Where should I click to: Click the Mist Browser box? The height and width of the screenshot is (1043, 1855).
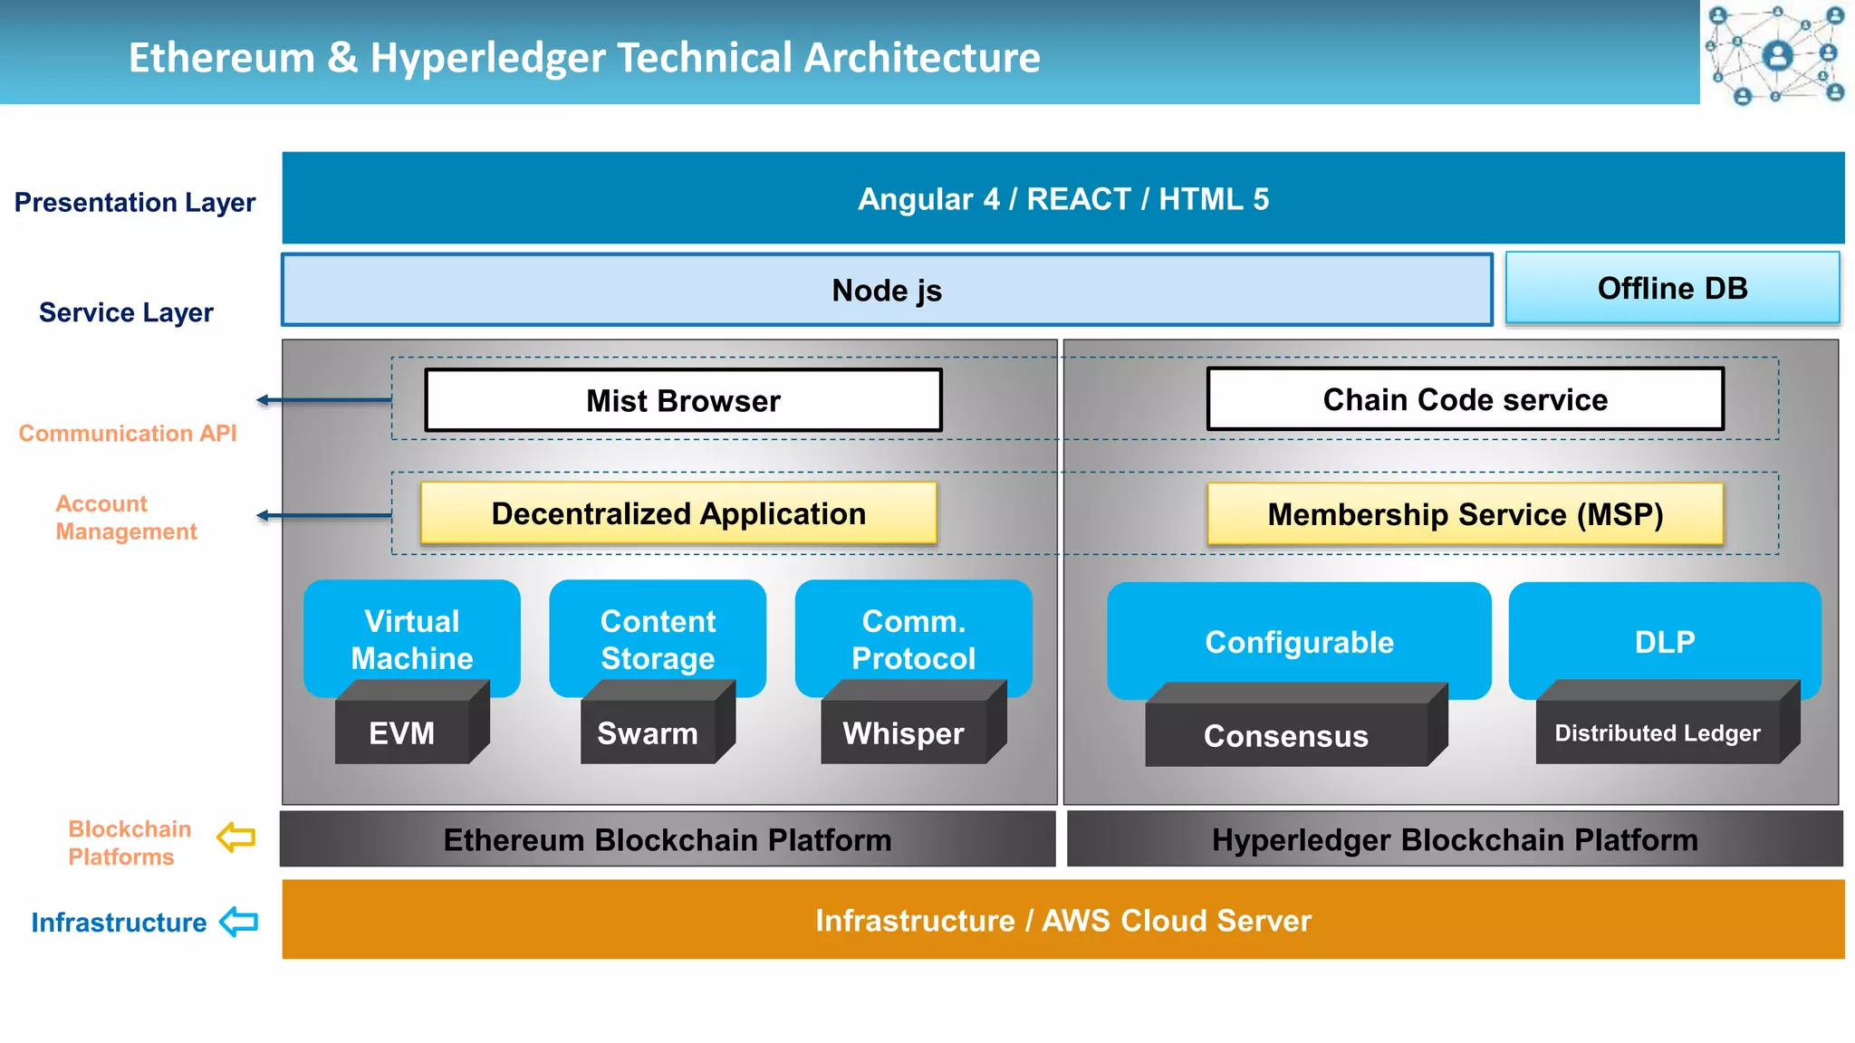pyautogui.click(x=683, y=400)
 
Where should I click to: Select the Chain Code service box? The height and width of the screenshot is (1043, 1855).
pyautogui.click(x=1465, y=399)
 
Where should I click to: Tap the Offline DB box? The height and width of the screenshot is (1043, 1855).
pyautogui.click(x=1672, y=288)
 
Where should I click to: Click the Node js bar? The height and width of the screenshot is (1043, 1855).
pyautogui.click(x=887, y=291)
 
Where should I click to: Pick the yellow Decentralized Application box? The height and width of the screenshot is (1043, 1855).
pyautogui.click(x=678, y=513)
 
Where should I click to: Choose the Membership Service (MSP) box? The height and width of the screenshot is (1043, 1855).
pyautogui.click(x=1465, y=514)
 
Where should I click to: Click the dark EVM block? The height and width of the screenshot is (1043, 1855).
pyautogui.click(x=402, y=732)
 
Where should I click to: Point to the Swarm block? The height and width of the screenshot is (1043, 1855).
pyautogui.click(x=648, y=732)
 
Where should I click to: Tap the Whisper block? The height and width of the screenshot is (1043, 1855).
pyautogui.click(x=903, y=732)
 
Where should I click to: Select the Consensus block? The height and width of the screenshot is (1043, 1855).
pyautogui.click(x=1285, y=735)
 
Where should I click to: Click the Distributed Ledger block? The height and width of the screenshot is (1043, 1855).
pyautogui.click(x=1658, y=732)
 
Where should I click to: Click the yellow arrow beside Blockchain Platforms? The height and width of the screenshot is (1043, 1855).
pyautogui.click(x=236, y=837)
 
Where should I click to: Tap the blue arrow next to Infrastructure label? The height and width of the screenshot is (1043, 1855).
pyautogui.click(x=239, y=922)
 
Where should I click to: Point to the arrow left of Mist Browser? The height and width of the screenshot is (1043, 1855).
pyautogui.click(x=323, y=399)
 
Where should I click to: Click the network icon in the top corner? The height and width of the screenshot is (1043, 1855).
pyautogui.click(x=1776, y=53)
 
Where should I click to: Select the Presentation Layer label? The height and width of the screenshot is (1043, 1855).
pyautogui.click(x=135, y=202)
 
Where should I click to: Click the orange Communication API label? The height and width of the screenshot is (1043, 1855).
pyautogui.click(x=128, y=434)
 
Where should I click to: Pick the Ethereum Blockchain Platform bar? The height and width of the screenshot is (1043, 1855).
pyautogui.click(x=668, y=839)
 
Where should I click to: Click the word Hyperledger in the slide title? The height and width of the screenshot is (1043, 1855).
pyautogui.click(x=487, y=58)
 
